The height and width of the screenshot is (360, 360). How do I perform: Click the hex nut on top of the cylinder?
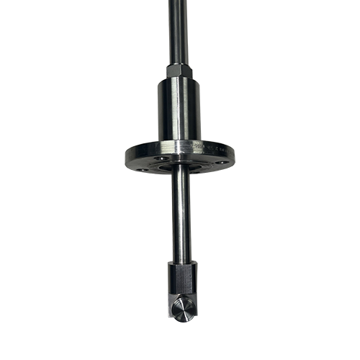coord(180,71)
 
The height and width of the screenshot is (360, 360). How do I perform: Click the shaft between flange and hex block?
coord(181,216)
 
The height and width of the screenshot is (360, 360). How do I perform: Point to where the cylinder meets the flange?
coord(180,141)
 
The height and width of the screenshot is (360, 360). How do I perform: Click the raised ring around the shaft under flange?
coord(180,167)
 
